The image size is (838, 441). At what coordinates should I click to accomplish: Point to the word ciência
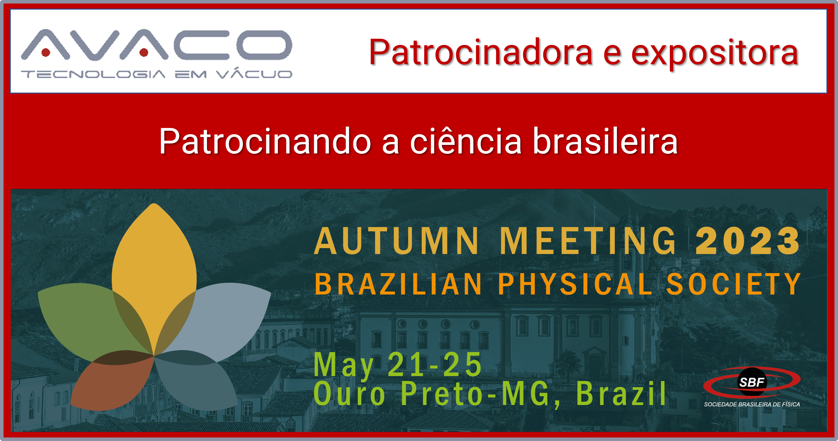coord(466,141)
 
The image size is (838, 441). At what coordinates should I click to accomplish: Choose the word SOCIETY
coord(734,284)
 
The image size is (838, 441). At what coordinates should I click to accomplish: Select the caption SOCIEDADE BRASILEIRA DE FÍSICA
coord(752,404)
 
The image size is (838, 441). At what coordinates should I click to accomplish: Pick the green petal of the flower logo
coord(85,316)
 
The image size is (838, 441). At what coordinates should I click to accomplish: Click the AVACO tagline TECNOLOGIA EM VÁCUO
coord(156,74)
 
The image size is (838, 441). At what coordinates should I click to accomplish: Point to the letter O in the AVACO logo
coord(264,45)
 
